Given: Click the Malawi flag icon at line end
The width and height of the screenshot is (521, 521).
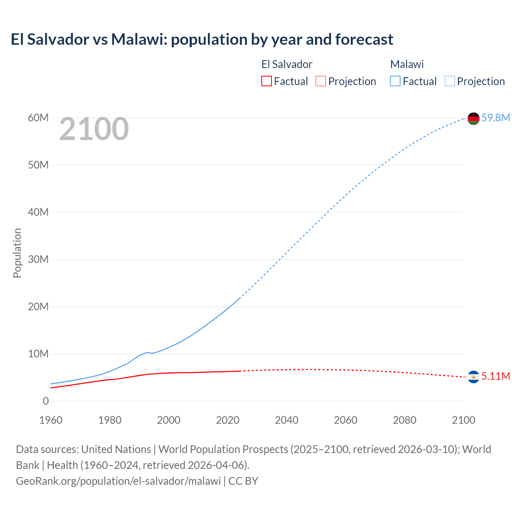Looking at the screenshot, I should [473, 118].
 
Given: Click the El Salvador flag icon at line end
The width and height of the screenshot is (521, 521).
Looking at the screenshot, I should [473, 377].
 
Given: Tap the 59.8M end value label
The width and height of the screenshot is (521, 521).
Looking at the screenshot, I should [495, 118].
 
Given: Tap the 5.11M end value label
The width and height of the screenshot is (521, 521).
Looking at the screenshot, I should [495, 376].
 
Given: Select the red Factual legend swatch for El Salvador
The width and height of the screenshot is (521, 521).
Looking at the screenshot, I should [266, 81].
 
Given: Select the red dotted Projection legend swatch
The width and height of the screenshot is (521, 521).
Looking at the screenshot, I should [321, 81].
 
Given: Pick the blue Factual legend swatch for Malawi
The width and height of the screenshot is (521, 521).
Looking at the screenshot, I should [395, 81].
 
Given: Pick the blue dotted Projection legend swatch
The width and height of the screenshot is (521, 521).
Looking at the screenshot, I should [450, 81].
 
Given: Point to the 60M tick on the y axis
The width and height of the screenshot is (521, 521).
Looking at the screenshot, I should [38, 118].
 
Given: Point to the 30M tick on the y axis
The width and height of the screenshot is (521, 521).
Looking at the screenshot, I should [38, 259].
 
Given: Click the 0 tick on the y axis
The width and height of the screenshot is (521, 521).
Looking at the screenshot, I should [46, 401].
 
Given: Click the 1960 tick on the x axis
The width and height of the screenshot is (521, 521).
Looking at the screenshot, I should [51, 420].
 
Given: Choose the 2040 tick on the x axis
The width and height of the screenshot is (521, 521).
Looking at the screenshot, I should [287, 420].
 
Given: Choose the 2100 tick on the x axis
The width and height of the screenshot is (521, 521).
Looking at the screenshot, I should [463, 420].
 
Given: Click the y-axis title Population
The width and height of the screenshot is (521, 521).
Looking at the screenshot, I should [17, 253].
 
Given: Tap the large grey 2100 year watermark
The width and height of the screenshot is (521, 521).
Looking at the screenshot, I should [94, 129].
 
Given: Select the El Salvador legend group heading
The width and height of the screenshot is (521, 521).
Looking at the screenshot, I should [287, 64].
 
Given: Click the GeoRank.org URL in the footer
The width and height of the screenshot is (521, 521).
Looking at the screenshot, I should [118, 481].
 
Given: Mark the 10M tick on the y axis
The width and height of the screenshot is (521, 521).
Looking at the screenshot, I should [38, 354].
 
